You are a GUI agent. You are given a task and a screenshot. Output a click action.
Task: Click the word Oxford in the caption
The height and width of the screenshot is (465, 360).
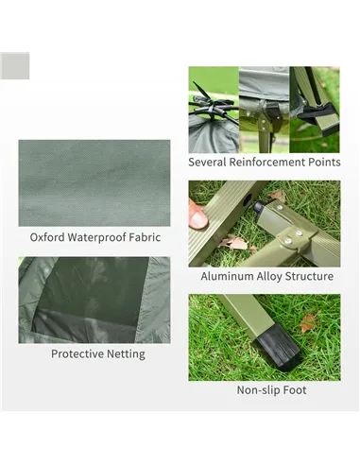pos(47,237)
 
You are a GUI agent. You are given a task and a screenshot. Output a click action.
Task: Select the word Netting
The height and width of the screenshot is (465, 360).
pos(126,354)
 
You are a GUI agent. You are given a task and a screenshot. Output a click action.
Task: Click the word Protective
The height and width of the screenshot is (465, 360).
pos(77,353)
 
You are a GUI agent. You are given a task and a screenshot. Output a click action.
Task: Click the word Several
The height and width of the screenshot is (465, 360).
pos(207,162)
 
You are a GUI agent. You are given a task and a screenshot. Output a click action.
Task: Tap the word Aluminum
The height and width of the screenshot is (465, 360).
pos(227,276)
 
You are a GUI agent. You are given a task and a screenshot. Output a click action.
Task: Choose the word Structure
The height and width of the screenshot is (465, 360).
pos(309,276)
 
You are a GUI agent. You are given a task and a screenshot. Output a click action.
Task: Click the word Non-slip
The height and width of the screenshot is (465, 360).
pos(258,390)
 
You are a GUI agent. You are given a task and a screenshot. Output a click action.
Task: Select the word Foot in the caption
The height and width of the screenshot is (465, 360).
pos(295,390)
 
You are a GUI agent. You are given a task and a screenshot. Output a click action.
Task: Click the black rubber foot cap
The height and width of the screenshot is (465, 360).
pos(279,348)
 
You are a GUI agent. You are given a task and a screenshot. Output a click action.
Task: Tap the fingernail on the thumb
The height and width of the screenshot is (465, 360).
pos(199,219)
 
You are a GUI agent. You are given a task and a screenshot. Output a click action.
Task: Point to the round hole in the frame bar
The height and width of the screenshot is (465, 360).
pos(248,200)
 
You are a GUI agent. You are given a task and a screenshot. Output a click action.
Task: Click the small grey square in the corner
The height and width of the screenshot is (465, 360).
pos(15,65)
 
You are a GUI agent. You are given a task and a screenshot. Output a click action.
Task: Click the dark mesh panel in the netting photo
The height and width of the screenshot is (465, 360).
pos(92,291)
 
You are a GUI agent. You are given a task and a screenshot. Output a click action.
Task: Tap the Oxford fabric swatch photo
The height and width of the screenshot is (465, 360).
pos(94,183)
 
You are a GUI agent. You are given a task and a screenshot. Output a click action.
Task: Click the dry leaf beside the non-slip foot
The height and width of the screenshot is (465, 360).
pos(308,322)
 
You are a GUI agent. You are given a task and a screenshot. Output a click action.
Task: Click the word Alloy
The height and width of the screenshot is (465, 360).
pos(269,276)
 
